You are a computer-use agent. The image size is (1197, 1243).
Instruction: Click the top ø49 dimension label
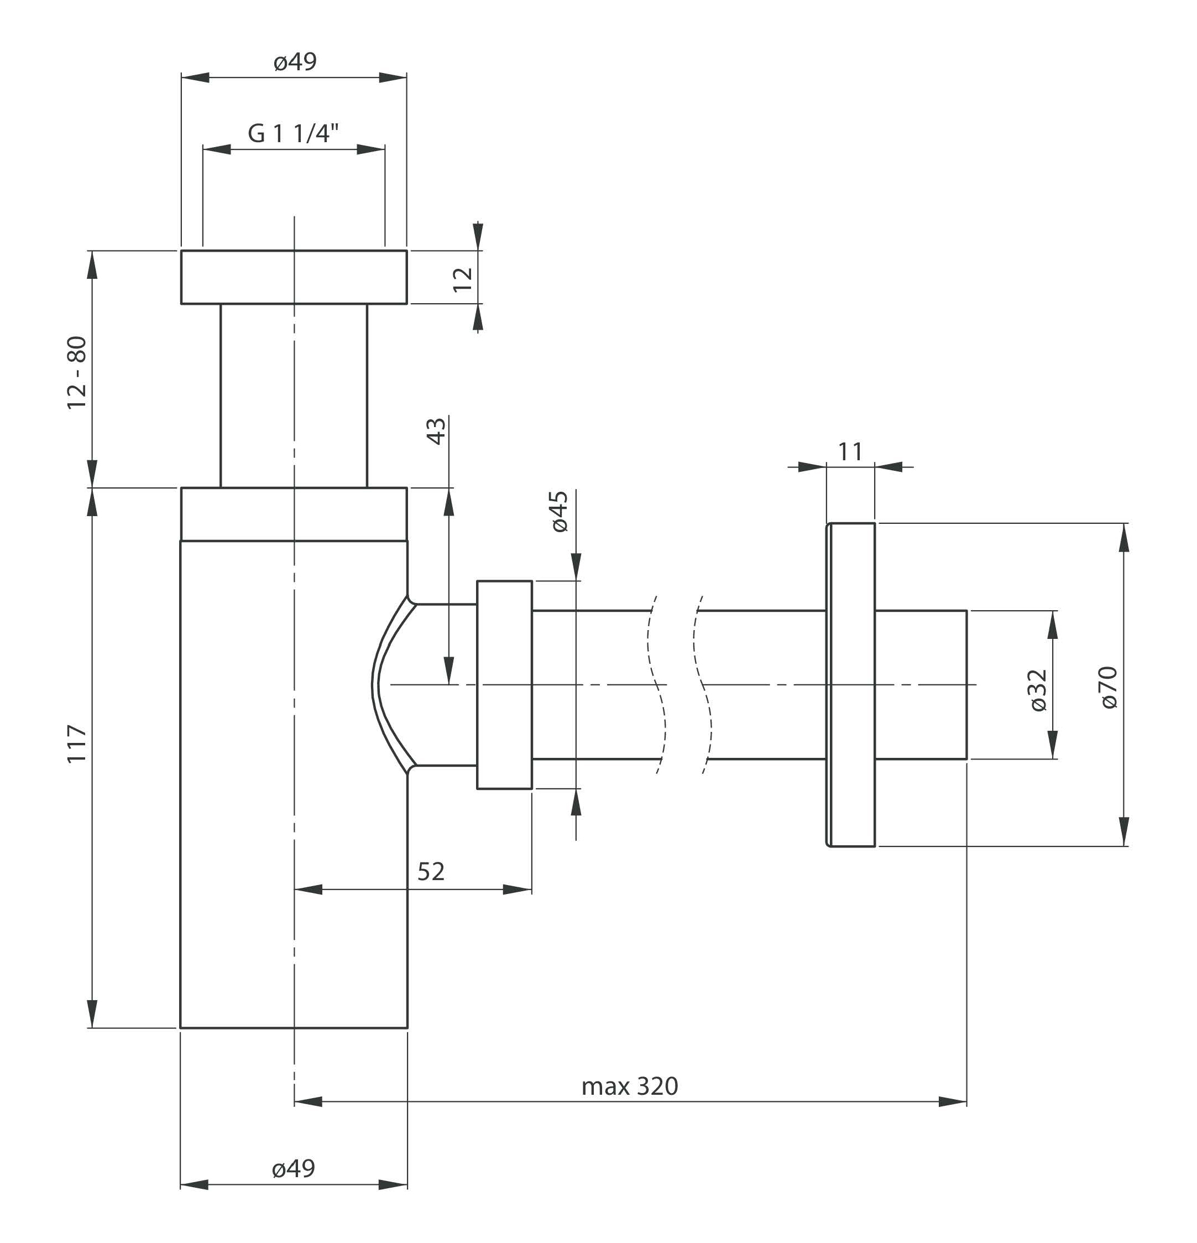[x=295, y=62]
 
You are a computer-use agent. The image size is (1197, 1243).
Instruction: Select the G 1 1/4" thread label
[x=294, y=134]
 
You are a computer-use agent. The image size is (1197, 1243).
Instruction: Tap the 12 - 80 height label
[x=77, y=372]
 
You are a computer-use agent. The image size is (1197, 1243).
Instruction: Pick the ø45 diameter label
[x=560, y=511]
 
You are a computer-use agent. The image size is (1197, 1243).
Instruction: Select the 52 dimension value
[x=431, y=871]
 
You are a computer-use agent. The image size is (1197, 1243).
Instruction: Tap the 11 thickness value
[x=850, y=451]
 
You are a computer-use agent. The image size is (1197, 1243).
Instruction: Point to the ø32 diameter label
[x=1038, y=690]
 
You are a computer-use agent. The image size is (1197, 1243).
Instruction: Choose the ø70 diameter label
[x=1110, y=687]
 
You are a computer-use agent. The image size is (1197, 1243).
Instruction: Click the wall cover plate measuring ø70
[x=851, y=685]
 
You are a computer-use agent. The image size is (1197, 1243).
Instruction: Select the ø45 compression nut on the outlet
[x=505, y=685]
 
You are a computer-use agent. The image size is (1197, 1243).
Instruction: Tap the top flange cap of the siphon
[x=294, y=277]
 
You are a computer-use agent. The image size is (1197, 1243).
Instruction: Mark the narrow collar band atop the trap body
[x=294, y=514]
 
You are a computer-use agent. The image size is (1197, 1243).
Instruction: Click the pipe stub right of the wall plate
[x=921, y=685]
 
